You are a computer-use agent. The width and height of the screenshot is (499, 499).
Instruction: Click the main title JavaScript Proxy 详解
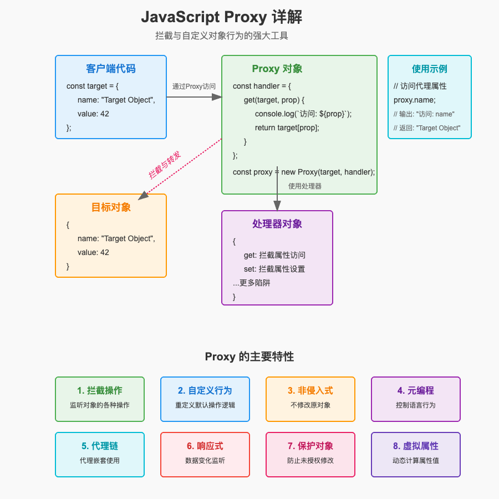pos(221,17)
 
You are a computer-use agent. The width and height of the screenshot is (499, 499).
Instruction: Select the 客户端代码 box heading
pos(111,69)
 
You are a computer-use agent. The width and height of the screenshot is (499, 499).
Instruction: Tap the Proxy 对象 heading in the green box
pos(277,69)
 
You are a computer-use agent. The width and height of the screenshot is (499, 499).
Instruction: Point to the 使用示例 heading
pos(430,69)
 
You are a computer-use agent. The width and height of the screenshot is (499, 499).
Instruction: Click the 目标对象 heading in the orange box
pos(111,207)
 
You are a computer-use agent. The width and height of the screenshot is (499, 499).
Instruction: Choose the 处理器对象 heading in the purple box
pos(277,224)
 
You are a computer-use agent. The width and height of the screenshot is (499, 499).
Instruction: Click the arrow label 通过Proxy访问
pos(194,86)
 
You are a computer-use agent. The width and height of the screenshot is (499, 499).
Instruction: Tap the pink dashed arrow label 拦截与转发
pos(165,165)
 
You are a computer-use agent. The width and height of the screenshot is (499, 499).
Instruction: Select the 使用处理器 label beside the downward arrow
pos(305,186)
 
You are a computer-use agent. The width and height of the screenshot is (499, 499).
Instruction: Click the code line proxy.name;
pos(415,100)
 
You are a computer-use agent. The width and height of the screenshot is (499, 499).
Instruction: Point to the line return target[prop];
pos(287,128)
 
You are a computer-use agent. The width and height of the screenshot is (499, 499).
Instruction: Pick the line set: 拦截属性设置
pos(274,269)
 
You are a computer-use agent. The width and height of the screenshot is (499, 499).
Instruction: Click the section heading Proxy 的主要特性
pos(249,357)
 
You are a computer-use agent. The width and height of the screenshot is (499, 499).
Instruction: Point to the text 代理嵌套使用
pos(100,460)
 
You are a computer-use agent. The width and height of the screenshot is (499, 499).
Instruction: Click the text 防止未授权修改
pos(310,460)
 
